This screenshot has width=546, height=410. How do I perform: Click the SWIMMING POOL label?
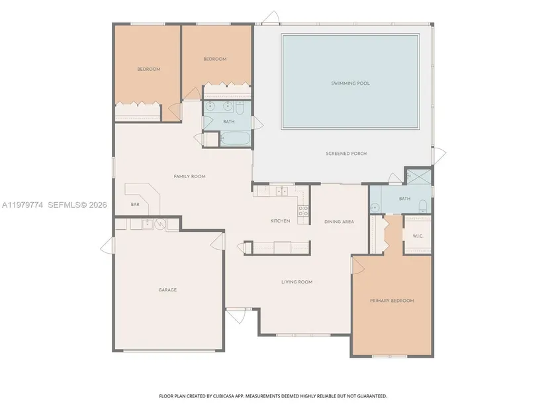(350, 83)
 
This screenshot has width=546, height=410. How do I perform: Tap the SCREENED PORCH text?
(346, 154)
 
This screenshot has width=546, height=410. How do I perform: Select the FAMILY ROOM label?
(189, 176)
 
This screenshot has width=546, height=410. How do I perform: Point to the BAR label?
(135, 204)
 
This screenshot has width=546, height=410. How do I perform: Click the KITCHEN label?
(281, 221)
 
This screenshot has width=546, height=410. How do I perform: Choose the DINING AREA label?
(339, 222)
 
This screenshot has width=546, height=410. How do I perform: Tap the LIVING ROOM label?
(297, 282)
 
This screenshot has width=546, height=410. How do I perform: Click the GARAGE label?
(167, 289)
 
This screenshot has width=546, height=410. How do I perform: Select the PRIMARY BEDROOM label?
(392, 301)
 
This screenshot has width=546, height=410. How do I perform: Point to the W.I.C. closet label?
(418, 236)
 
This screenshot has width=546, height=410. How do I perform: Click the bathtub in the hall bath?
(235, 139)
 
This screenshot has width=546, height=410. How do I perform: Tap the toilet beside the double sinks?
(240, 108)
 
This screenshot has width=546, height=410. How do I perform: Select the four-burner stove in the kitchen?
(303, 211)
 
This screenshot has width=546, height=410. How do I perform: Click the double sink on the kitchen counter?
(282, 191)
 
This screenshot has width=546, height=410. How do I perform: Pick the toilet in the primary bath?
(422, 207)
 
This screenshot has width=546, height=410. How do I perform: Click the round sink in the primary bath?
(375, 207)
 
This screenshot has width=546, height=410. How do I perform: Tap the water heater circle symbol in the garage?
(160, 224)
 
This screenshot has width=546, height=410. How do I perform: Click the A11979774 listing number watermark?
(23, 205)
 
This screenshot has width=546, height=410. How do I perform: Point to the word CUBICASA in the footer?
(224, 396)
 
